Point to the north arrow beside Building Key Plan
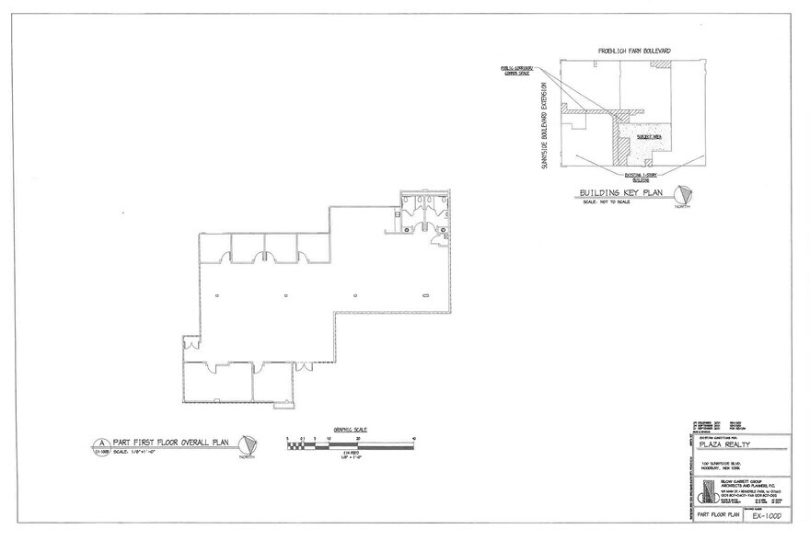(x=682, y=195)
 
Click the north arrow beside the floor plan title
(x=246, y=445)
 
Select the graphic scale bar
(x=351, y=445)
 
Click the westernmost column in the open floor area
(x=216, y=295)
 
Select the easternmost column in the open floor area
(x=425, y=295)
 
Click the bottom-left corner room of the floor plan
(x=216, y=383)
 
